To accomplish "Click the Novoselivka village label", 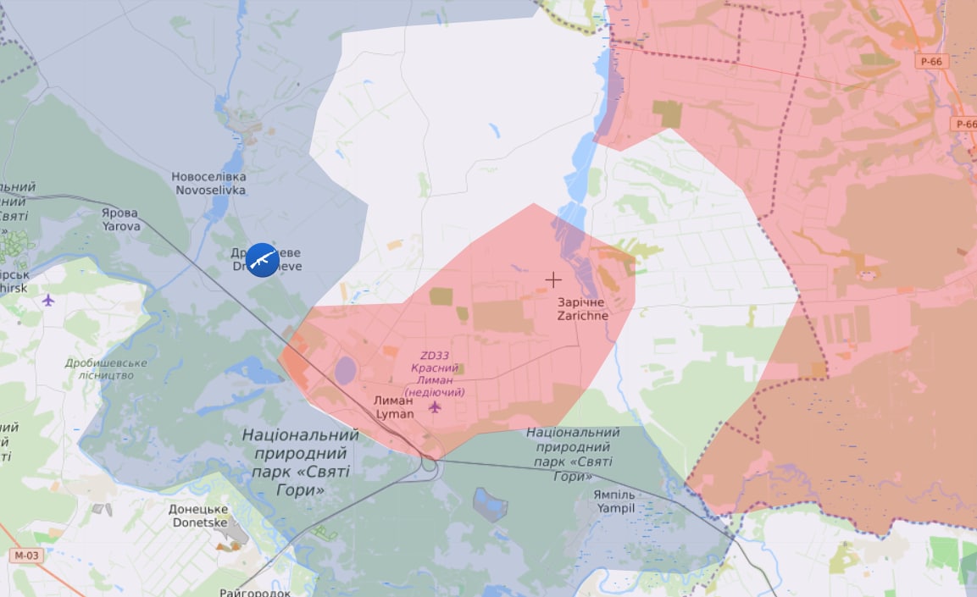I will pyautogui.click(x=208, y=183).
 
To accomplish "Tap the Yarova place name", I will pyautogui.click(x=121, y=219).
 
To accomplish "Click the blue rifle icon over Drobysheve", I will pyautogui.click(x=262, y=259).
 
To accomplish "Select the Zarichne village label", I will pyautogui.click(x=582, y=308).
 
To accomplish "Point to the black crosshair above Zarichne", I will pyautogui.click(x=553, y=279).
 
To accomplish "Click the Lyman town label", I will pyautogui.click(x=395, y=406).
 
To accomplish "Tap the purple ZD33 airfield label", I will pyautogui.click(x=435, y=374).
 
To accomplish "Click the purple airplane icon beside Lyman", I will pyautogui.click(x=435, y=407).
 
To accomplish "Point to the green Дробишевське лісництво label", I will pyautogui.click(x=106, y=368).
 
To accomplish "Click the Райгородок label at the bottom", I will pyautogui.click(x=255, y=592).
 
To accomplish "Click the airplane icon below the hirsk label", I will pyautogui.click(x=47, y=300).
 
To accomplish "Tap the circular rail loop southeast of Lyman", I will pyautogui.click(x=429, y=464).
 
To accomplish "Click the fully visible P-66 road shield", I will pyautogui.click(x=932, y=61).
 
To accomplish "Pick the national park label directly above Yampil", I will pyautogui.click(x=573, y=454).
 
